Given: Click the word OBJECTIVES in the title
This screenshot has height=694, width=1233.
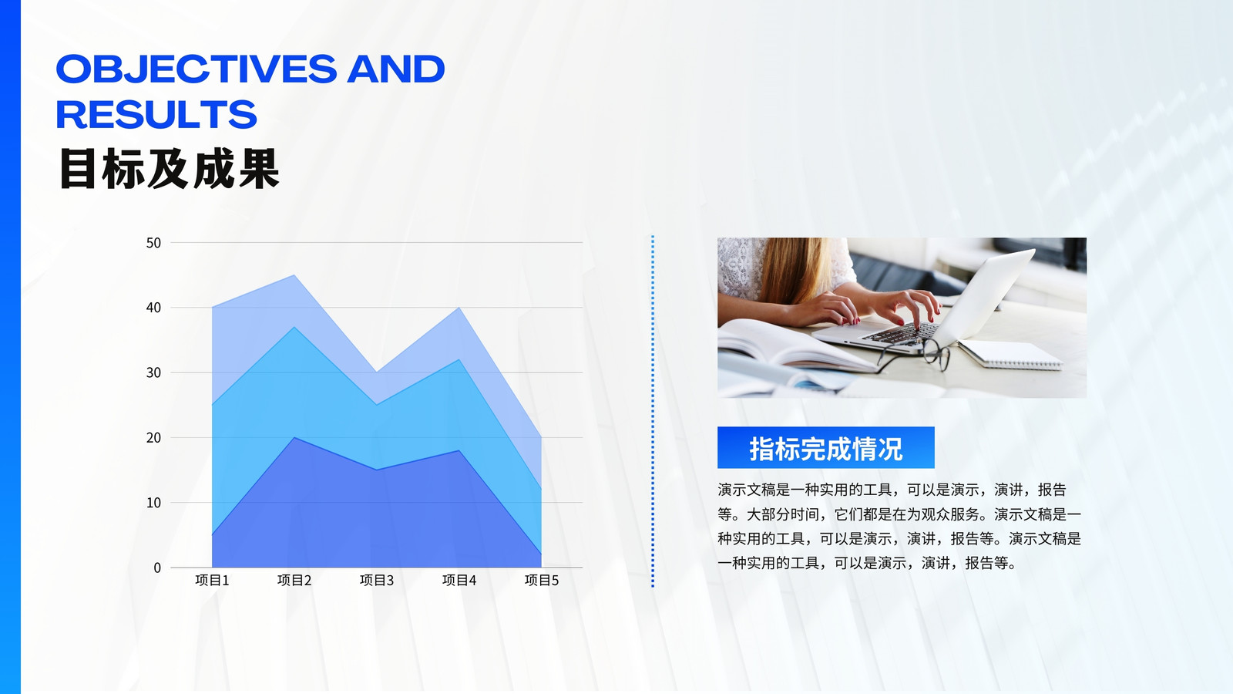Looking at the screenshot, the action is coord(196,69).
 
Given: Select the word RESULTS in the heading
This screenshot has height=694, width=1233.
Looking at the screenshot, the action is coord(156,115).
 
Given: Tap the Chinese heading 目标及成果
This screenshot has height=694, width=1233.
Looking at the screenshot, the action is coord(169,169).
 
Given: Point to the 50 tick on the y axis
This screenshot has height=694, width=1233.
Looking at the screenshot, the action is coord(153,243).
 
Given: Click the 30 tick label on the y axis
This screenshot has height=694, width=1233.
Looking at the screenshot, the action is coord(153,373).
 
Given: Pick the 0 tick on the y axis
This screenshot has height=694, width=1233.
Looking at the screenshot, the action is coord(157,568).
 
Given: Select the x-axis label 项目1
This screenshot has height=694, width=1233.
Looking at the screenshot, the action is coord(212,580).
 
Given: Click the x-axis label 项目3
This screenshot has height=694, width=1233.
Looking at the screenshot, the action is coord(377,580).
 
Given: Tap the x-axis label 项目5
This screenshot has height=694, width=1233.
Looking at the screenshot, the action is coord(542,580).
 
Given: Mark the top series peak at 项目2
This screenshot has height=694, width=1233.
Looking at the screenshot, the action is coord(294,275).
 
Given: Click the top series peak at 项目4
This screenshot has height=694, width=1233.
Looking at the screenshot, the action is coord(459,308).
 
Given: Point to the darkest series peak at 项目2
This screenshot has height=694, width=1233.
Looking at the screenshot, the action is coord(294,438).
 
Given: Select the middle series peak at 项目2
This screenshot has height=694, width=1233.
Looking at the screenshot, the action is coord(294,328).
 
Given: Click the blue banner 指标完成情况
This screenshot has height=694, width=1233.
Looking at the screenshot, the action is coord(825,448).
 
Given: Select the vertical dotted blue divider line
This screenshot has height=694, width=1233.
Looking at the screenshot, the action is coord(653,412).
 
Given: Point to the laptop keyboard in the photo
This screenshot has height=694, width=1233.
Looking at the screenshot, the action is coord(902,333).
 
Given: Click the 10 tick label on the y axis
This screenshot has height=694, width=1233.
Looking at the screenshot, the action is coord(153,503).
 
